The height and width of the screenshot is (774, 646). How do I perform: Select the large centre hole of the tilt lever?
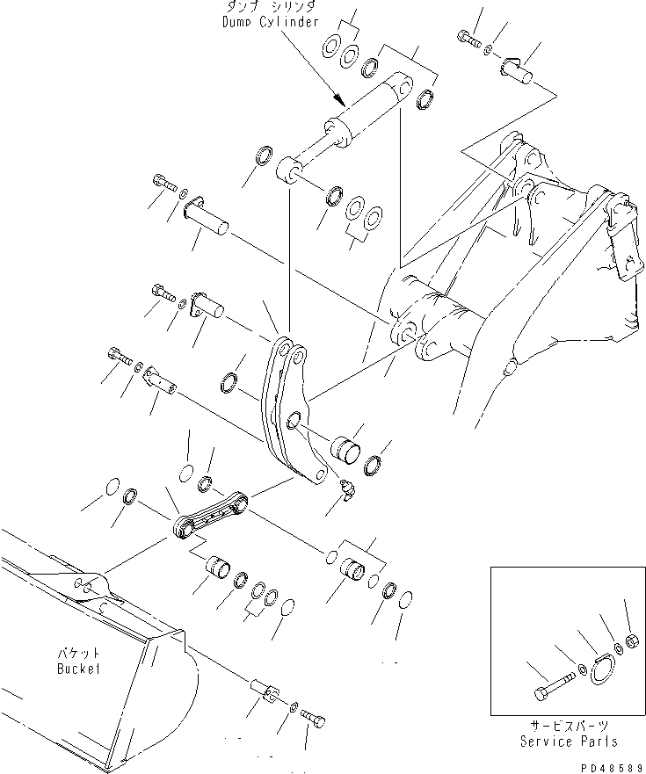click(x=295, y=421)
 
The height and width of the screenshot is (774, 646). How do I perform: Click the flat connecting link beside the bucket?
click(x=211, y=517)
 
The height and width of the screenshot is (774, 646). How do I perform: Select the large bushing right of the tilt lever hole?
click(x=346, y=445)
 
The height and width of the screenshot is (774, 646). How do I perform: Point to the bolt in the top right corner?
click(x=467, y=38)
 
